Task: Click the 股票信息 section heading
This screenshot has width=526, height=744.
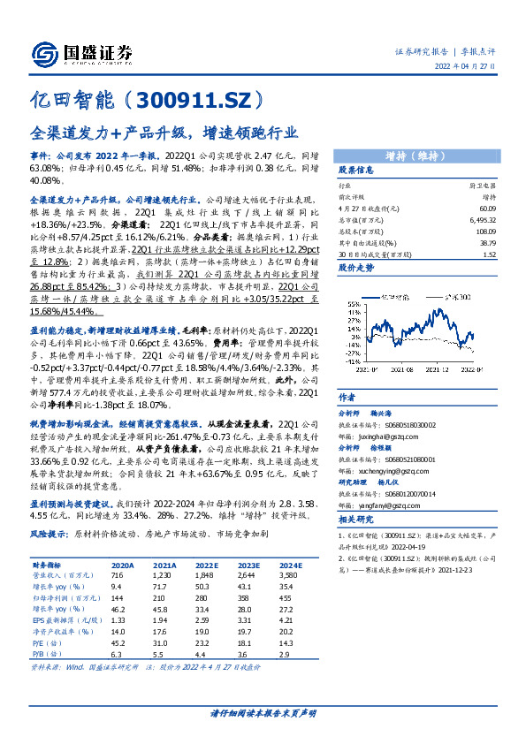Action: click(x=356, y=171)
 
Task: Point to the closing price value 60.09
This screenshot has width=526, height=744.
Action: click(x=485, y=208)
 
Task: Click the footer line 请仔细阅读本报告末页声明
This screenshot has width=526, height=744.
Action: click(x=263, y=711)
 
